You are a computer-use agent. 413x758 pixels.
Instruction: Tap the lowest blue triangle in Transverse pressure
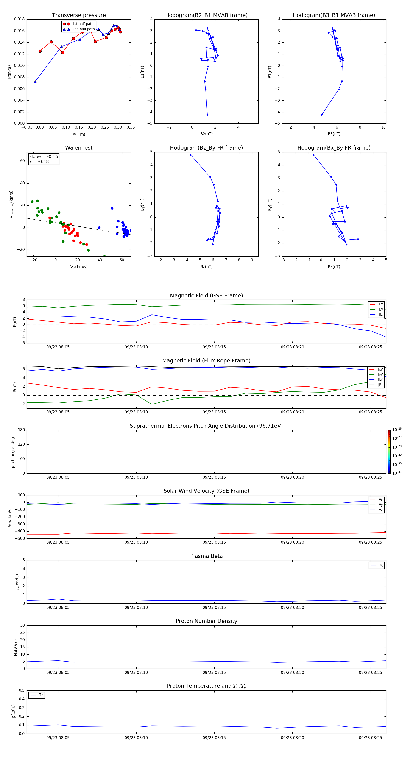coord(35,82)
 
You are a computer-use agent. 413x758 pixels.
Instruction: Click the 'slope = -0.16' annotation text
coord(44,157)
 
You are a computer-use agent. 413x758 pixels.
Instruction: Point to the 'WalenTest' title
coord(79,148)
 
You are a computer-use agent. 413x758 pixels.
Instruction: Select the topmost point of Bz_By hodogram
coord(190,155)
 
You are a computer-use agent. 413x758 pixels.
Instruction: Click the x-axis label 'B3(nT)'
coord(334,134)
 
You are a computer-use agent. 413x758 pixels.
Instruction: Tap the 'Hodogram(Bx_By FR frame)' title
coord(334,148)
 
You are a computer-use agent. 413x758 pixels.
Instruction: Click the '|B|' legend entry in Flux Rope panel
coord(380,385)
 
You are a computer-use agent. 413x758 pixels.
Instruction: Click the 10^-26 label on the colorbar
coord(397,430)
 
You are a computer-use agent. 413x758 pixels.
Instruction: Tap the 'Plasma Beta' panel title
coord(206,556)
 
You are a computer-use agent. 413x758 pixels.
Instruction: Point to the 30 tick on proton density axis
coord(22,625)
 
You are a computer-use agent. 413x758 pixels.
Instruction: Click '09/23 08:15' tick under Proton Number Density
coord(214,672)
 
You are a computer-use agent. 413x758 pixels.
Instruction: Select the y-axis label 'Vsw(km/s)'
coord(10,517)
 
